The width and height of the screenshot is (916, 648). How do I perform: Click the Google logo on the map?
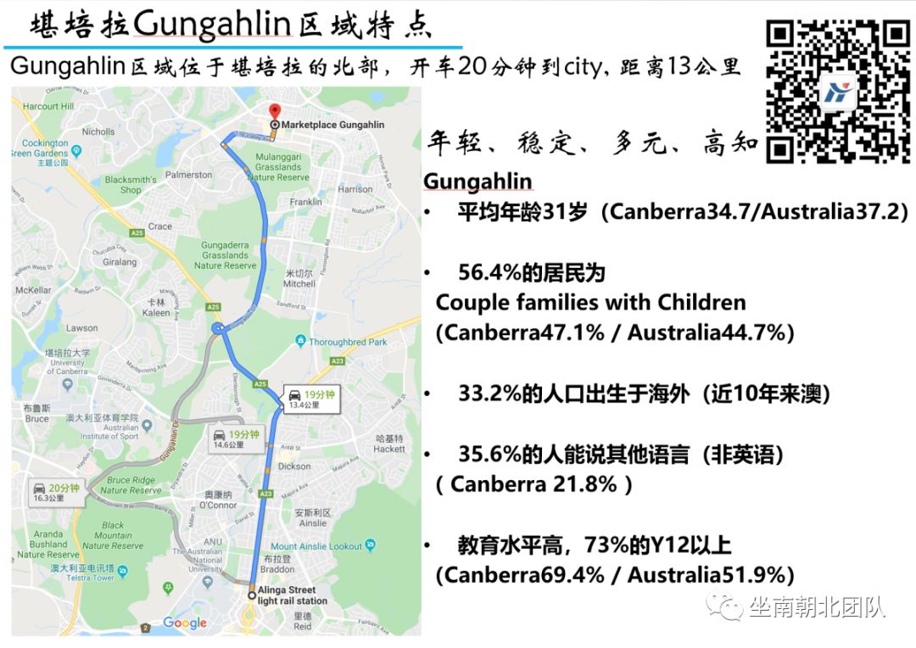coord(185,623)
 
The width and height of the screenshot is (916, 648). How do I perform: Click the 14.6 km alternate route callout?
coord(235,439)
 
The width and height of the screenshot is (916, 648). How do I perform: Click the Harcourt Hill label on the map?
coord(42,107)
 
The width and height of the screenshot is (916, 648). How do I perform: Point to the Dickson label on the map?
coord(294,466)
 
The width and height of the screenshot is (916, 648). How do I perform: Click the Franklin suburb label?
coord(305,202)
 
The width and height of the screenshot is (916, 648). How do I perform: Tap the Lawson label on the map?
coord(82,327)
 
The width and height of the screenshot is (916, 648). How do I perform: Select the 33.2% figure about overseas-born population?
coord(489,394)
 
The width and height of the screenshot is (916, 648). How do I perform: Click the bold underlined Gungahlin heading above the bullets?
coord(478,182)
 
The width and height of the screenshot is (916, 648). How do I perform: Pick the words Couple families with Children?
coord(590,303)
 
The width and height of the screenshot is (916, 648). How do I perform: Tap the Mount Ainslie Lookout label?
coord(316,546)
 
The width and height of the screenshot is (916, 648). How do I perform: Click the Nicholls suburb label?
coord(98,131)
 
